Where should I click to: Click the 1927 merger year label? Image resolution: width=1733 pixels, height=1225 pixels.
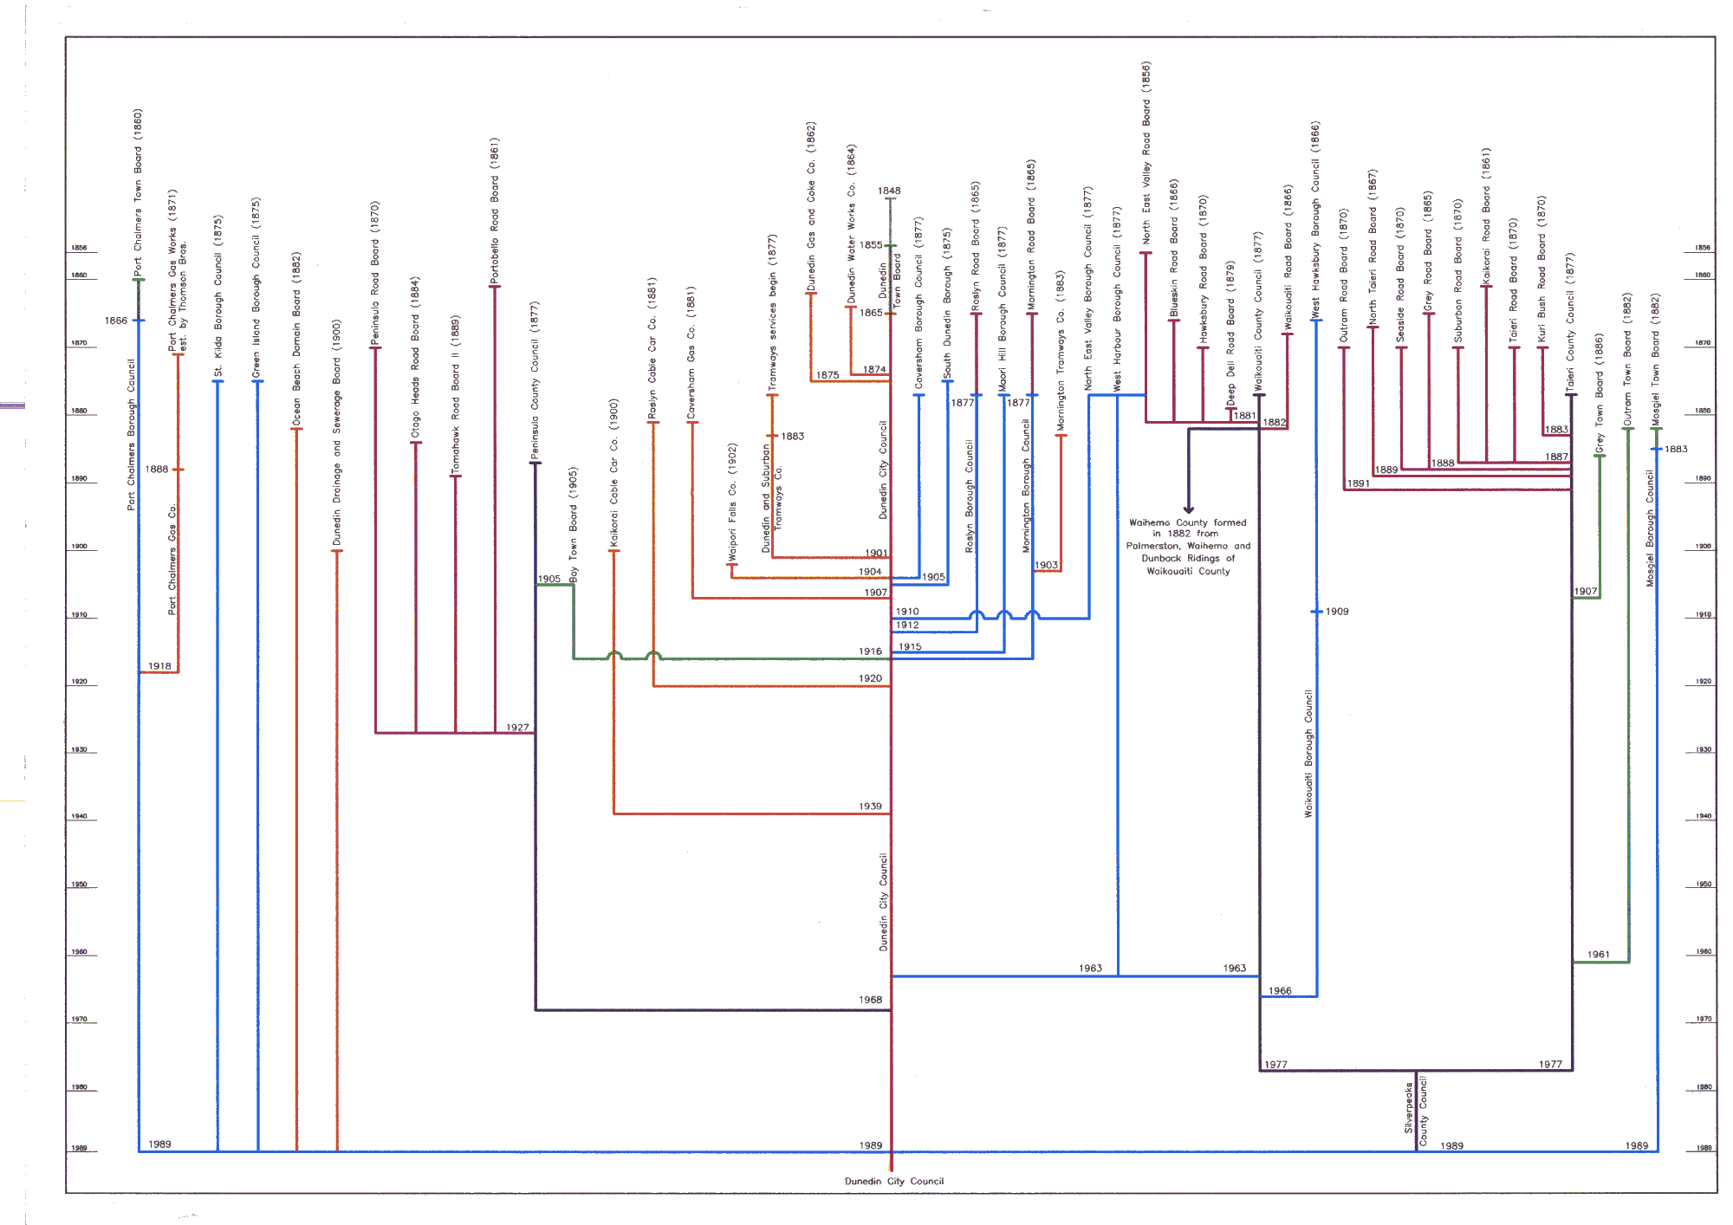coord(517,728)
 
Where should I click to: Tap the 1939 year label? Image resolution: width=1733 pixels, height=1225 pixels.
coord(870,807)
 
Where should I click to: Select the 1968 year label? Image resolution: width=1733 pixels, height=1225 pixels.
coord(870,1000)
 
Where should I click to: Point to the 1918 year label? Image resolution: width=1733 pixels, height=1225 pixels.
coord(159,666)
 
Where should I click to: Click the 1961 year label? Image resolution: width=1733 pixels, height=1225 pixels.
coord(1599,955)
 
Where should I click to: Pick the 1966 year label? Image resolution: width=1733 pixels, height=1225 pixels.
coord(1280,991)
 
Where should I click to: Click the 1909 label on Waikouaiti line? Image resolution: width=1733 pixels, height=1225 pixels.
coord(1337,612)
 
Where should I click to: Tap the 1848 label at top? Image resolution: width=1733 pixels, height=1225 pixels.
coord(889,191)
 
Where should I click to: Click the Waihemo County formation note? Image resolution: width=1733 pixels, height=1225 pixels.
coord(1188,547)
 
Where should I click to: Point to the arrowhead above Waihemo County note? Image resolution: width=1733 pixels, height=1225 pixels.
coord(1189,509)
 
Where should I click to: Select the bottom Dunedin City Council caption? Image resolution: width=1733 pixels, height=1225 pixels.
coord(894,1181)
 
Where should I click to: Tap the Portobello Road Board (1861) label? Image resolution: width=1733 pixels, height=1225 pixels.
coord(495,211)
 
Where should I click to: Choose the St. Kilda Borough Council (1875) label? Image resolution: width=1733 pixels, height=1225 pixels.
coord(218,295)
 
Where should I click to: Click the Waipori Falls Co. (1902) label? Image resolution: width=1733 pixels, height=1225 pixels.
coord(732,502)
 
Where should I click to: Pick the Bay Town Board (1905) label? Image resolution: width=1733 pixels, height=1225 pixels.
coord(574,524)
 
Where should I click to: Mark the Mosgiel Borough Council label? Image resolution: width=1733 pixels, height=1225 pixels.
coord(1651,528)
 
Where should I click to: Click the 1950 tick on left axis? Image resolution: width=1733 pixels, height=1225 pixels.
coord(79,885)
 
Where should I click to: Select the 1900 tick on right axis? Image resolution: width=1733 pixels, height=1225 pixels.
coord(1704,547)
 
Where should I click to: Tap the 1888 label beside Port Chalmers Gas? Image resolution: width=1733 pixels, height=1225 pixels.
coord(157,470)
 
